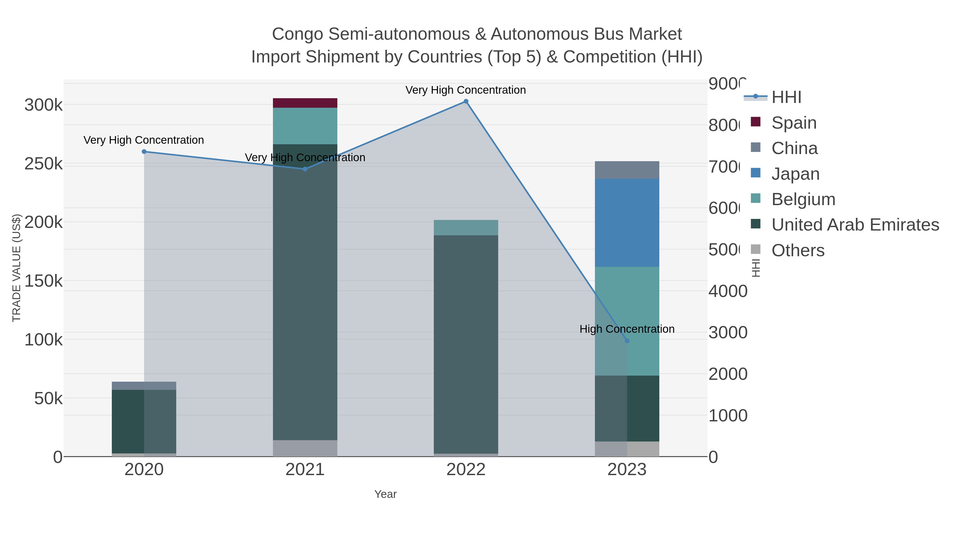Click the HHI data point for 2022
466,101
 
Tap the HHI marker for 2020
144,151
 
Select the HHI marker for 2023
627,341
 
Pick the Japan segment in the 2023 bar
627,222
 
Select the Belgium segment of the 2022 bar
466,227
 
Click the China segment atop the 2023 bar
627,170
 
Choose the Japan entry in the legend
795,174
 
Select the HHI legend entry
786,97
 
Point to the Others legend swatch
755,250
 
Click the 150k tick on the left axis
44,281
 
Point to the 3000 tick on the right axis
727,332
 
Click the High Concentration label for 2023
627,329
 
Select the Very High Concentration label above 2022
466,90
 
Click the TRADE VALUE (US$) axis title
17,268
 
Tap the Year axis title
385,494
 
